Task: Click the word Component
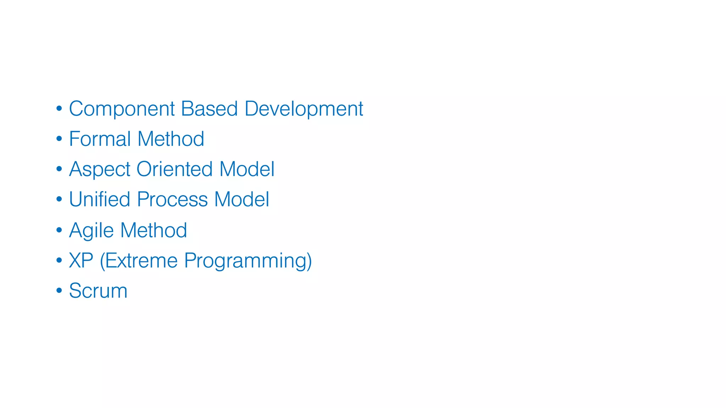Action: click(x=122, y=109)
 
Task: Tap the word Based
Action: click(x=209, y=108)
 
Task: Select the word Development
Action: click(x=304, y=109)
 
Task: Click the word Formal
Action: click(x=100, y=139)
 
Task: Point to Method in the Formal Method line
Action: click(x=171, y=139)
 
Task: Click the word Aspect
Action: click(x=100, y=169)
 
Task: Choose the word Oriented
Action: click(x=174, y=169)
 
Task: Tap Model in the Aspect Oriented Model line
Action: click(x=247, y=169)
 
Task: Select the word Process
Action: click(x=172, y=200)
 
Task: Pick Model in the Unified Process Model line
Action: click(x=242, y=199)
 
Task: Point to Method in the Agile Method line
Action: click(x=153, y=230)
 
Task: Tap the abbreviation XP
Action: click(x=81, y=261)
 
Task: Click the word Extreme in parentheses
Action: click(x=141, y=261)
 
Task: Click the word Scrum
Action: click(x=98, y=291)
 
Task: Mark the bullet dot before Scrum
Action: click(x=59, y=291)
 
